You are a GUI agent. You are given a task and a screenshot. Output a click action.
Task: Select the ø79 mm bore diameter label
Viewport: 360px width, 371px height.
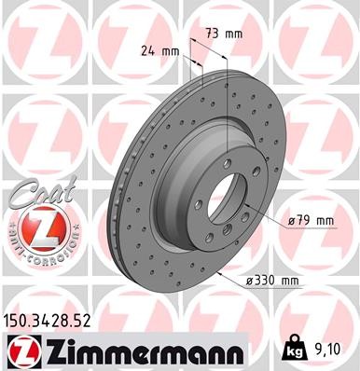311,220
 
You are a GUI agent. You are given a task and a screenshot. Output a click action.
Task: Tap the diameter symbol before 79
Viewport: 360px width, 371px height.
292,220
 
